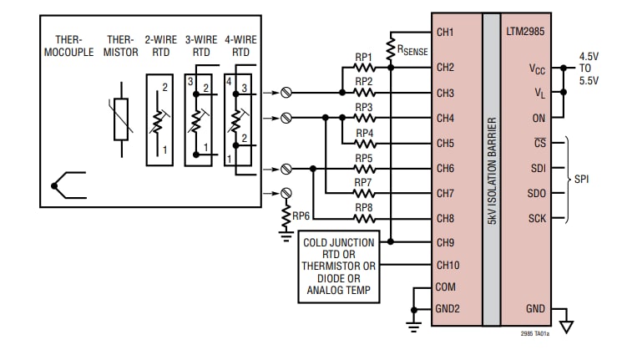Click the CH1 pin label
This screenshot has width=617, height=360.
(x=445, y=33)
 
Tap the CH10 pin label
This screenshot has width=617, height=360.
(x=448, y=265)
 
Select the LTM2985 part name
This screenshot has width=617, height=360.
(x=525, y=33)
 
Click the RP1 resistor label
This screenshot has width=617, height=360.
(x=364, y=58)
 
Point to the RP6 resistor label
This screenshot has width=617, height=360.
(x=303, y=215)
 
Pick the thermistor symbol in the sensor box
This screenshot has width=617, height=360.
(x=122, y=117)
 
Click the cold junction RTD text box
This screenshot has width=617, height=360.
(x=339, y=267)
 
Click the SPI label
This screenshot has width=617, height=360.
(x=582, y=179)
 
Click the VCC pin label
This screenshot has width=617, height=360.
(x=537, y=68)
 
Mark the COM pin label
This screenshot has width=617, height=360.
(x=446, y=286)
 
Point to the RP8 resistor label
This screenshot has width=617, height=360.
(x=364, y=207)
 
